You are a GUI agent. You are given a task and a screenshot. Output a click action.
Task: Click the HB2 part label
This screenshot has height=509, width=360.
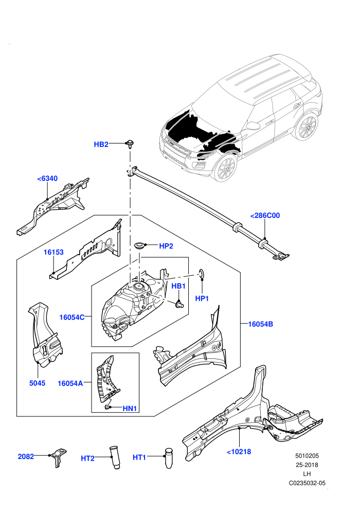101,144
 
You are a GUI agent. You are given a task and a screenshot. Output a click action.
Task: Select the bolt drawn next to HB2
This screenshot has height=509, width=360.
130,144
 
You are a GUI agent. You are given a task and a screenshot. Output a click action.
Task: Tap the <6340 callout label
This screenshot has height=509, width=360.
47,178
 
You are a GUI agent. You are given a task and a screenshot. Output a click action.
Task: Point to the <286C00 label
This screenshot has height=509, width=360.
265,215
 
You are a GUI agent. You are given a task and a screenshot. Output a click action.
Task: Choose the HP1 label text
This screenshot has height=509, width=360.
202,298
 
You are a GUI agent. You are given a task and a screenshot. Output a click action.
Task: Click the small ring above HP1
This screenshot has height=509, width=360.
202,274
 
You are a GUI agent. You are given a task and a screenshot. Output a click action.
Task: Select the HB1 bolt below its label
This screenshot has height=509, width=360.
179,304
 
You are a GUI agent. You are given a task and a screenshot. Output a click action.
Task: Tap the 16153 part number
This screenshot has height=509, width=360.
53,252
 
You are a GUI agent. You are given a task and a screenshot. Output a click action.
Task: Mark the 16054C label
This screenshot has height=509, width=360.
71,317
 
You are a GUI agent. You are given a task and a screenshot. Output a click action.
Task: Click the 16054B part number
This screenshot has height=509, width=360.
260,324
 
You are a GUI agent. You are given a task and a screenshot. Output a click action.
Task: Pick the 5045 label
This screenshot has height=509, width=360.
38,383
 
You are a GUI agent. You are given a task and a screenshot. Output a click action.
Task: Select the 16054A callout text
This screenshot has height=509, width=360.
70,384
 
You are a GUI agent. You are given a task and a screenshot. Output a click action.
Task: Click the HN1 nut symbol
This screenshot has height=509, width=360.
107,407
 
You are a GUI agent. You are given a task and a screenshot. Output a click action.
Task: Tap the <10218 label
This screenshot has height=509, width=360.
239,451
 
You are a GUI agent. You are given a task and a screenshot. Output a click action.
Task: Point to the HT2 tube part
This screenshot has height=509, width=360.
114,458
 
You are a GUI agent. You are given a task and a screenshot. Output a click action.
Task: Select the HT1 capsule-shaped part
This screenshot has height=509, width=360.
169,458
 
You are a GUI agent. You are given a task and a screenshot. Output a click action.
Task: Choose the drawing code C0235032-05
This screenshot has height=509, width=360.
307,483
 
